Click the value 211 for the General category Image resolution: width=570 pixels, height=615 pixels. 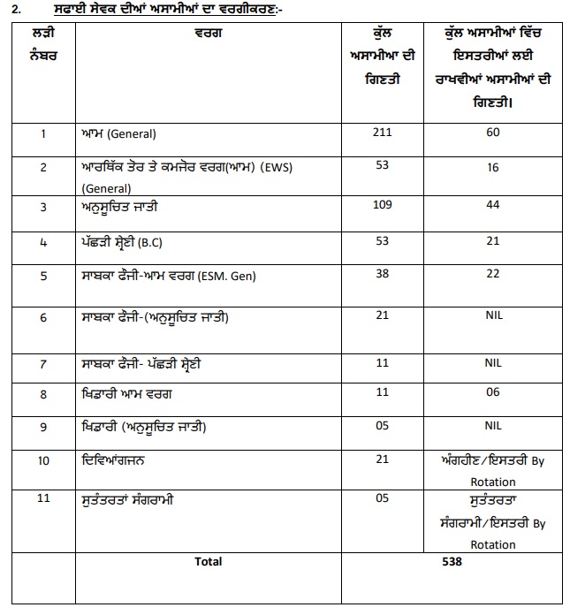[382, 133]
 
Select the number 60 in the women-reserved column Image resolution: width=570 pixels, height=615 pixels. [493, 133]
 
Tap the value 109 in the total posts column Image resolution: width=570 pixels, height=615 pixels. [382, 205]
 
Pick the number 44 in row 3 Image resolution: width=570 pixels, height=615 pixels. [493, 205]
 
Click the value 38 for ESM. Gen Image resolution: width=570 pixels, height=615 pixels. [382, 274]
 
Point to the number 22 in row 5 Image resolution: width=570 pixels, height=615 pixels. [493, 274]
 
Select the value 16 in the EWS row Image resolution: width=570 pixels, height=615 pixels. [493, 166]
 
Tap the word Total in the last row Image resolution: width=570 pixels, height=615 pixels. [208, 561]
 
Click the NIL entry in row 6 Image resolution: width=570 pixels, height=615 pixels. [493, 316]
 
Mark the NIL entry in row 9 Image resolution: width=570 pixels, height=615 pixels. [493, 425]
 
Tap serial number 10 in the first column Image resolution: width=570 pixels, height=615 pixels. [43, 460]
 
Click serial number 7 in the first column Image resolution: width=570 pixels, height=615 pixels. [43, 363]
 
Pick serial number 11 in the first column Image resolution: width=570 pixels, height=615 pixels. [43, 499]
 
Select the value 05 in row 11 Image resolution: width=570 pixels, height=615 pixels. [382, 499]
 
